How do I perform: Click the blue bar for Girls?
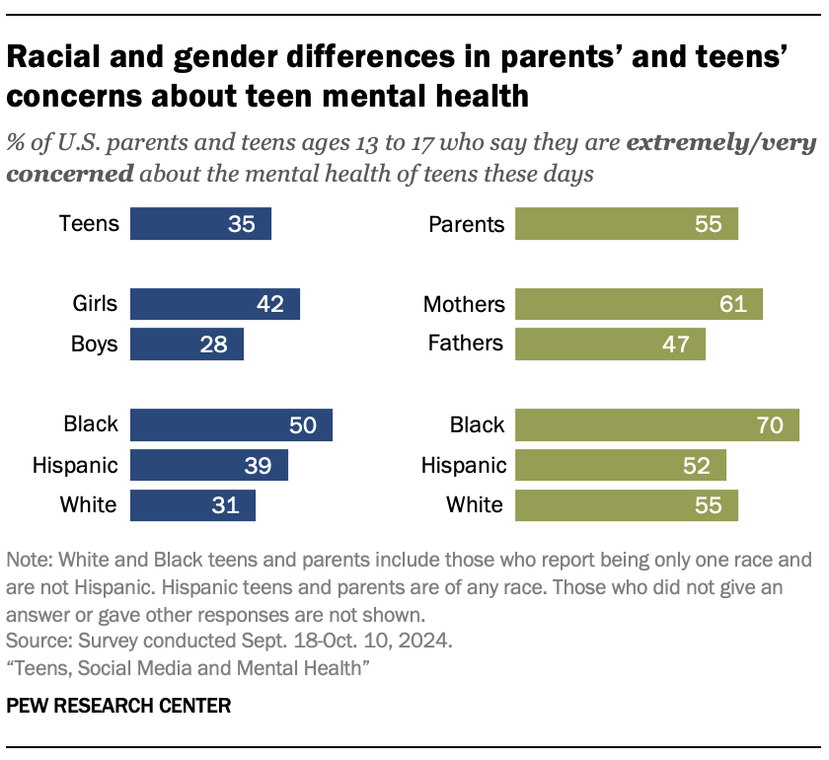click(214, 304)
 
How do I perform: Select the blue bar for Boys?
click(187, 344)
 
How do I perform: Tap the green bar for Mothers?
click(639, 304)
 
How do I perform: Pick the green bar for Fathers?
click(610, 344)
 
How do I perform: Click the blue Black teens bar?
click(231, 425)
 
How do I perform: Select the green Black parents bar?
click(656, 425)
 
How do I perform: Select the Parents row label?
click(466, 224)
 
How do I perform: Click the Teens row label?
click(89, 224)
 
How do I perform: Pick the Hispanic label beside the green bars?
click(463, 465)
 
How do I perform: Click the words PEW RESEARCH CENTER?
click(118, 706)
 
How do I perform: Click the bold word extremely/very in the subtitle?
click(720, 143)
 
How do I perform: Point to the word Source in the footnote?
click(35, 641)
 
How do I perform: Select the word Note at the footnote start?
click(28, 560)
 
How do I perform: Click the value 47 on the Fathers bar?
click(678, 344)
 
